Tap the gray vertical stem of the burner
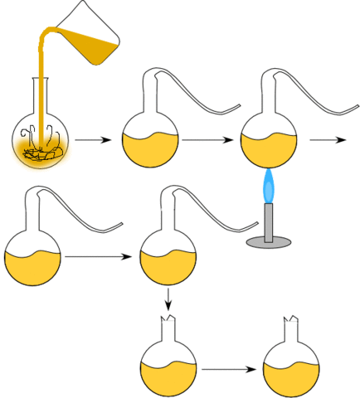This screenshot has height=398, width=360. pos(269,221)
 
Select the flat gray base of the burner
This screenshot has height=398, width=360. pos(269,243)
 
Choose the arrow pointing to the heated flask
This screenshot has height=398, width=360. pos(207,140)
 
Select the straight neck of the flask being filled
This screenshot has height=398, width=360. pos(42,95)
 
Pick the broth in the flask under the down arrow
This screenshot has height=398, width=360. pos(169,376)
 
